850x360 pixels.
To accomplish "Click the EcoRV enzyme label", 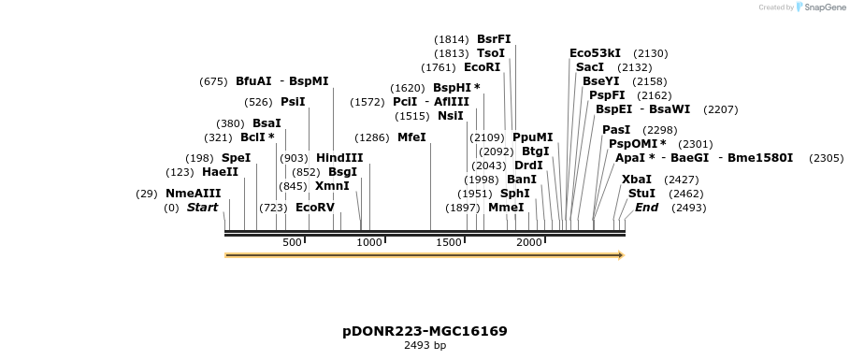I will [x=314, y=208].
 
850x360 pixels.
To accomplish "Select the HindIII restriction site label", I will [x=339, y=158].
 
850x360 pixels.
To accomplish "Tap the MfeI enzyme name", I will [x=411, y=137].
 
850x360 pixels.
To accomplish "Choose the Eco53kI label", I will [x=595, y=53].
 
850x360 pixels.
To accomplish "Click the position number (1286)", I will [x=372, y=137].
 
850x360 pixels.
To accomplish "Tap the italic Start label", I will [x=202, y=208].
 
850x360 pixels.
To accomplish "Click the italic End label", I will [x=646, y=208].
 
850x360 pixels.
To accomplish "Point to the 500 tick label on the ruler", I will [x=292, y=242].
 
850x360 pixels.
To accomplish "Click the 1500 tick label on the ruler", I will [x=450, y=242].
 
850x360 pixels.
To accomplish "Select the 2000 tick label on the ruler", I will [x=529, y=242].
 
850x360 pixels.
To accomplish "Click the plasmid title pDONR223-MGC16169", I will [x=425, y=331].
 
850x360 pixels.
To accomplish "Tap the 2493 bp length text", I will [x=425, y=346].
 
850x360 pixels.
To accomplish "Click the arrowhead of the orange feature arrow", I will [x=619, y=255].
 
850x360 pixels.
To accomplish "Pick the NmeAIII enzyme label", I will [x=193, y=194].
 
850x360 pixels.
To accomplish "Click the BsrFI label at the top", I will [x=494, y=39].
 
